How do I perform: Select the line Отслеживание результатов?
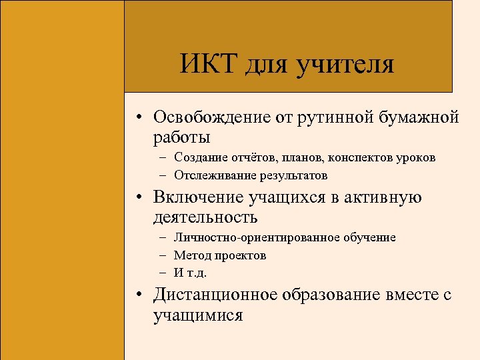[251, 175]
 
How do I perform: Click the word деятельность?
[205, 217]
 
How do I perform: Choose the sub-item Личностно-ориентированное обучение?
[285, 237]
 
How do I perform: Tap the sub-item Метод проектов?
[220, 255]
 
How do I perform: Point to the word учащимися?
[198, 315]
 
